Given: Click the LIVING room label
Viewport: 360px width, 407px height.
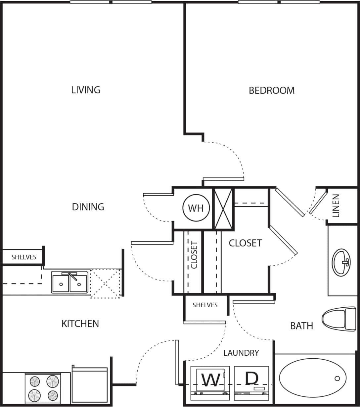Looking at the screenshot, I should pos(86,90).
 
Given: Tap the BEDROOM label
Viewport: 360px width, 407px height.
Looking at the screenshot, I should pos(272,90).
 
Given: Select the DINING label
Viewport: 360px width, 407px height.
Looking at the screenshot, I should pos(88,207).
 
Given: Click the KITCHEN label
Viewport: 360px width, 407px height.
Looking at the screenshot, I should pos(80,324).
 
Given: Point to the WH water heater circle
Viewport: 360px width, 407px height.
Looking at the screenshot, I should pos(196,208).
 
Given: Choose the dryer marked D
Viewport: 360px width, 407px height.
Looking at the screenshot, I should pos(251,381).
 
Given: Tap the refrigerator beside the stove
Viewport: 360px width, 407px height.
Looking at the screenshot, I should pos(90,385).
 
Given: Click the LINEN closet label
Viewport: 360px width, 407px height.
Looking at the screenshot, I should pos(336,206).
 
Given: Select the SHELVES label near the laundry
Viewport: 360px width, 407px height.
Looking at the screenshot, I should pos(205,305).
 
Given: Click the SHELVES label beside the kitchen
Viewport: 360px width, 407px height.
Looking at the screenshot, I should pos(24,257).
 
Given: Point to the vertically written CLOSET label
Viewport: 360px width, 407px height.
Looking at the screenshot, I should pos(194,255).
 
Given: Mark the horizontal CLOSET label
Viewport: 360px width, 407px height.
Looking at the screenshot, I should pos(245,243).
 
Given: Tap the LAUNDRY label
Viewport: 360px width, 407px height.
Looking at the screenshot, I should pos(241,353).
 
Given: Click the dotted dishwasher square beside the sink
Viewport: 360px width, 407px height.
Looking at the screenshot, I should pos(105,283).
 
